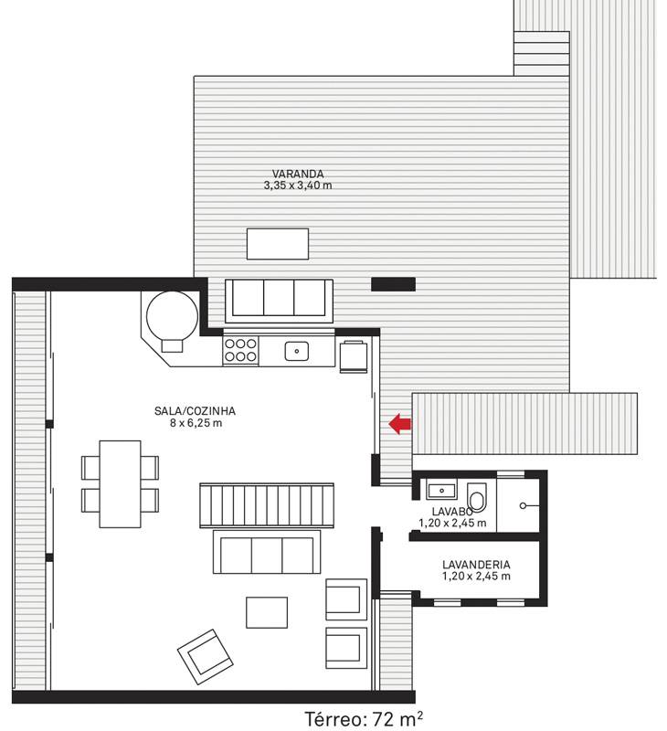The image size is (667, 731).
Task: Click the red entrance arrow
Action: pyautogui.click(x=400, y=424)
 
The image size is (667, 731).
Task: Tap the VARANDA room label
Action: pyautogui.click(x=298, y=174)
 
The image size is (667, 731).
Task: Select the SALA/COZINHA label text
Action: pyautogui.click(x=195, y=410)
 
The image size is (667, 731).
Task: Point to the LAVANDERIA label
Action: pyautogui.click(x=476, y=564)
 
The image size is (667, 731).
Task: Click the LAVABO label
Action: pyautogui.click(x=452, y=512)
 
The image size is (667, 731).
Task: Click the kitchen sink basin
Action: pyautogui.click(x=296, y=351)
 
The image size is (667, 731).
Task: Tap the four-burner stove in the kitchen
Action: pyautogui.click(x=240, y=350)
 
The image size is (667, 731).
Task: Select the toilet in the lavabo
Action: pyautogui.click(x=476, y=497)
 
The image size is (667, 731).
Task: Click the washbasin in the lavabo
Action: pyautogui.click(x=441, y=490)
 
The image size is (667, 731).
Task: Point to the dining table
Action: pyautogui.click(x=121, y=484)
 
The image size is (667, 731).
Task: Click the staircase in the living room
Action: pyautogui.click(x=267, y=505)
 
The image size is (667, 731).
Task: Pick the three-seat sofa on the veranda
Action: pyautogui.click(x=279, y=301)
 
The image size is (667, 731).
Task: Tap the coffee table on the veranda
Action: pyautogui.click(x=278, y=244)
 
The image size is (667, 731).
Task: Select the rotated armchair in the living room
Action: pyautogui.click(x=205, y=656)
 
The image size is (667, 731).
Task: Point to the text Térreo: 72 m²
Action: pyautogui.click(x=364, y=719)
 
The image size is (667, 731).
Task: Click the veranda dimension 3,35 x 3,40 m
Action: pyautogui.click(x=298, y=185)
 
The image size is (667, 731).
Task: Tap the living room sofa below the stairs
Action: pyautogui.click(x=267, y=552)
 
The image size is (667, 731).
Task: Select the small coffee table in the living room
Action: pyautogui.click(x=267, y=612)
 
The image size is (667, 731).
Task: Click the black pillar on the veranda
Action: pyautogui.click(x=393, y=284)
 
